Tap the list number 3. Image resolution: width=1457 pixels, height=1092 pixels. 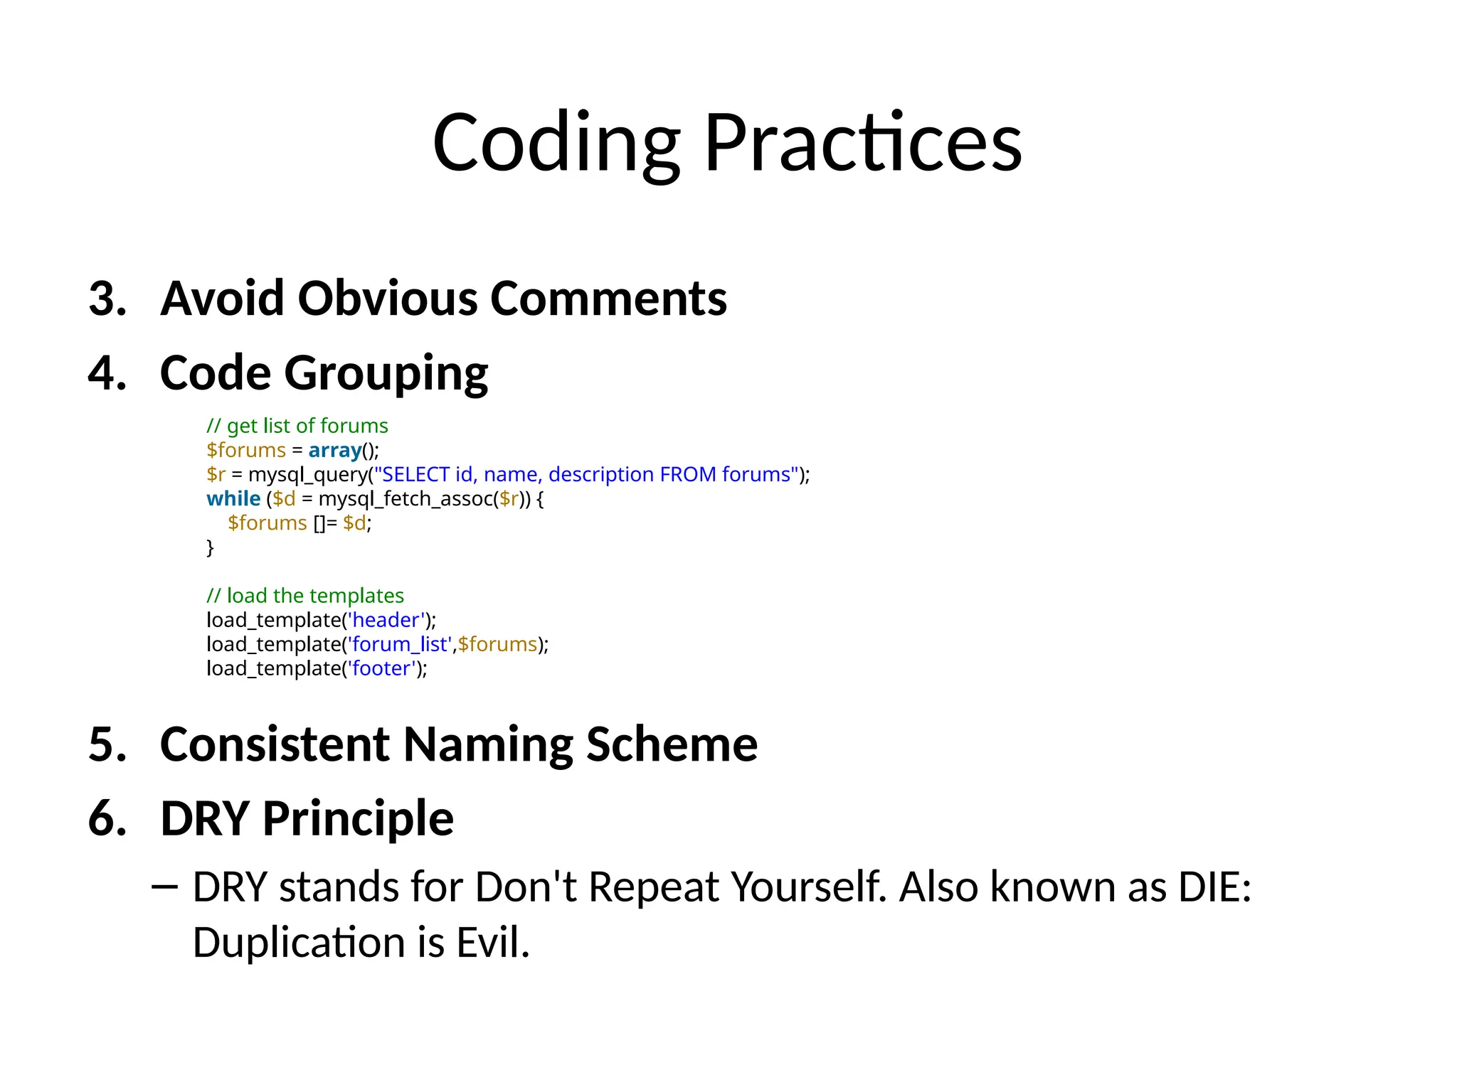tap(107, 299)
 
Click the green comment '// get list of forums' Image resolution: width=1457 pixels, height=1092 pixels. tap(297, 426)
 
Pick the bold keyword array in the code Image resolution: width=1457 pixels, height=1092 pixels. tap(334, 451)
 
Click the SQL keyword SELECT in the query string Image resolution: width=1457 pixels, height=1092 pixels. tap(415, 475)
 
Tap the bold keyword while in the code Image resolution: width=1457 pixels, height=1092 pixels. tap(233, 499)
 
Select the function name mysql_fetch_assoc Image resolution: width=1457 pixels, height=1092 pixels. tap(406, 500)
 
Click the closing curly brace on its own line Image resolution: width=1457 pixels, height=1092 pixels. tap(210, 548)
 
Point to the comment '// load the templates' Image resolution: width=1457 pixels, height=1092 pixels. tap(304, 596)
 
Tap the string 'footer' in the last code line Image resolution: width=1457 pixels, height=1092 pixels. tap(382, 669)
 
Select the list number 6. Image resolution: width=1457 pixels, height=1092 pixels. tap(107, 819)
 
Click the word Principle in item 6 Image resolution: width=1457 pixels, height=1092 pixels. tap(358, 819)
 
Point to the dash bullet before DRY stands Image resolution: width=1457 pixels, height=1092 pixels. tap(164, 888)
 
